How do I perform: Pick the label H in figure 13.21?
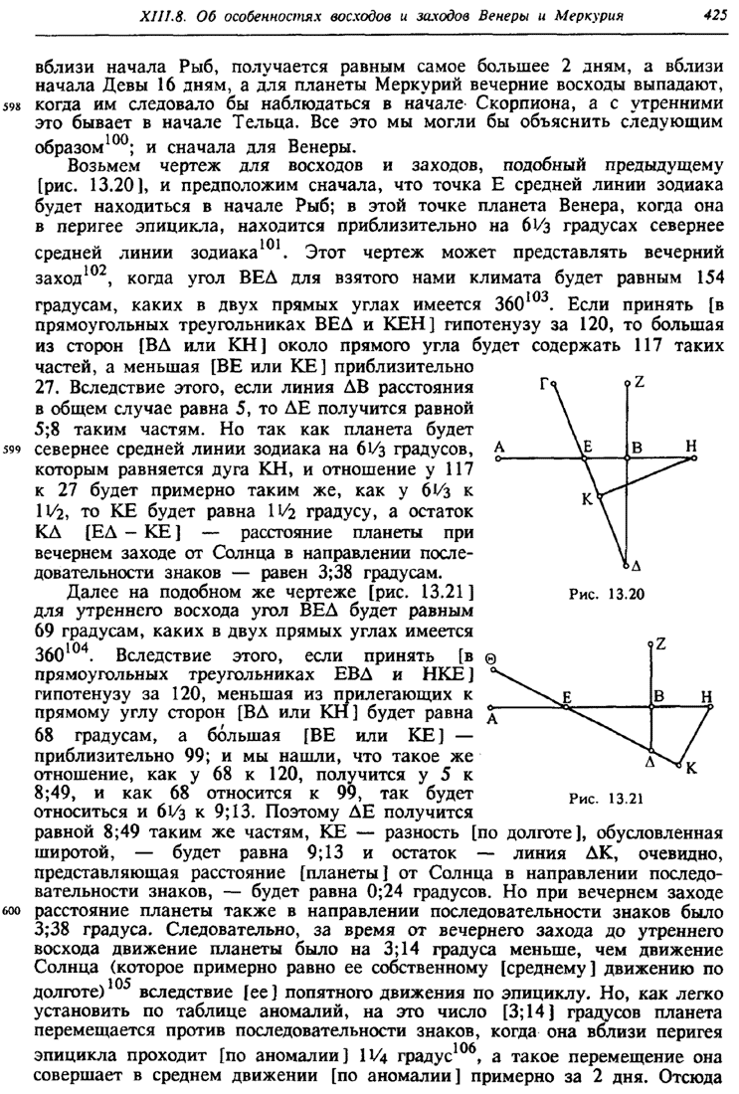[707, 700]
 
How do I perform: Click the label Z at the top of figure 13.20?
[639, 379]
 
